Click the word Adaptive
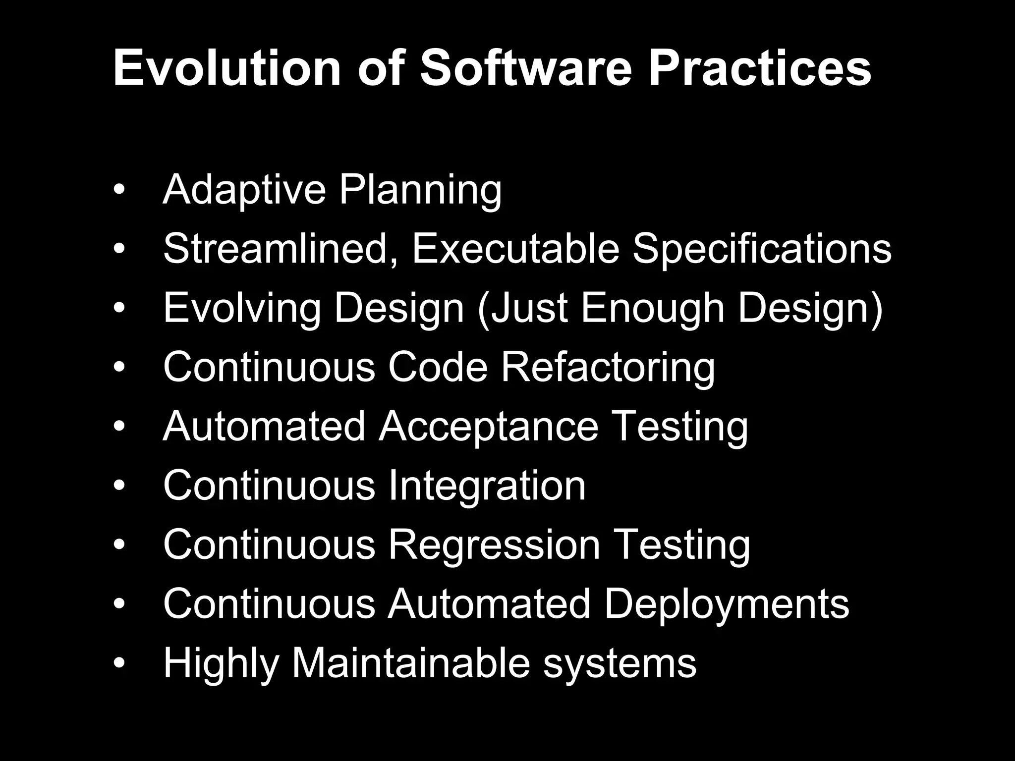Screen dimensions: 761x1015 [244, 190]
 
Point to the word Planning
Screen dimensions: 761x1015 [420, 190]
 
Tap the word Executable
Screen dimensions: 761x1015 [515, 249]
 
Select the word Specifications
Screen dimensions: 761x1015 [762, 249]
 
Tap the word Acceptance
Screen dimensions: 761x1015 [488, 426]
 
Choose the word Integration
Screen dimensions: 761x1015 [487, 486]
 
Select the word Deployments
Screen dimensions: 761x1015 [727, 604]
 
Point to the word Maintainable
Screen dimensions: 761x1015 [411, 663]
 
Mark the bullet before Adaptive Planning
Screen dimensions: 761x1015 [119, 191]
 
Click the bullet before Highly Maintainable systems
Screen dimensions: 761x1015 [119, 663]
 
